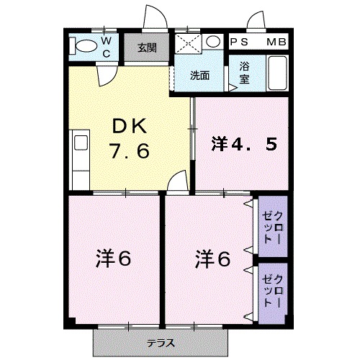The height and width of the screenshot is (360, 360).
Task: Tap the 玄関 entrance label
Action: coord(147,48)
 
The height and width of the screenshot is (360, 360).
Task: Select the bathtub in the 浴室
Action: coord(277,73)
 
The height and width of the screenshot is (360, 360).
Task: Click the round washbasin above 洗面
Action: coord(213,41)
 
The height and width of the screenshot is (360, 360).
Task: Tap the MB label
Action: coord(276,42)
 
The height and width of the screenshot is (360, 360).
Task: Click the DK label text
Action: coord(130,126)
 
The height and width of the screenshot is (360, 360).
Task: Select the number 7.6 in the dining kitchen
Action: coord(130,151)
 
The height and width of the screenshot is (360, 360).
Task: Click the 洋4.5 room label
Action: coord(244,144)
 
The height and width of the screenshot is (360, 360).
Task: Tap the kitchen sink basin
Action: coord(81,143)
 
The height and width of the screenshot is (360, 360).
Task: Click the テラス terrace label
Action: coord(161,343)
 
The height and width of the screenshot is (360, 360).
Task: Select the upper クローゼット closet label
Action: coord(272,228)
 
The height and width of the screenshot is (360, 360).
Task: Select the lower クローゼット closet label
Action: coord(272,291)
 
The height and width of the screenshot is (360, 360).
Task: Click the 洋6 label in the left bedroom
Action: coord(113,258)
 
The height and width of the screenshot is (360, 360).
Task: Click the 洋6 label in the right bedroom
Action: coord(212,258)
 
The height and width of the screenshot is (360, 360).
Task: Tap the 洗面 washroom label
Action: coord(199,76)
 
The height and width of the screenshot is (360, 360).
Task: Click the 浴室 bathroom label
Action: coord(244,73)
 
